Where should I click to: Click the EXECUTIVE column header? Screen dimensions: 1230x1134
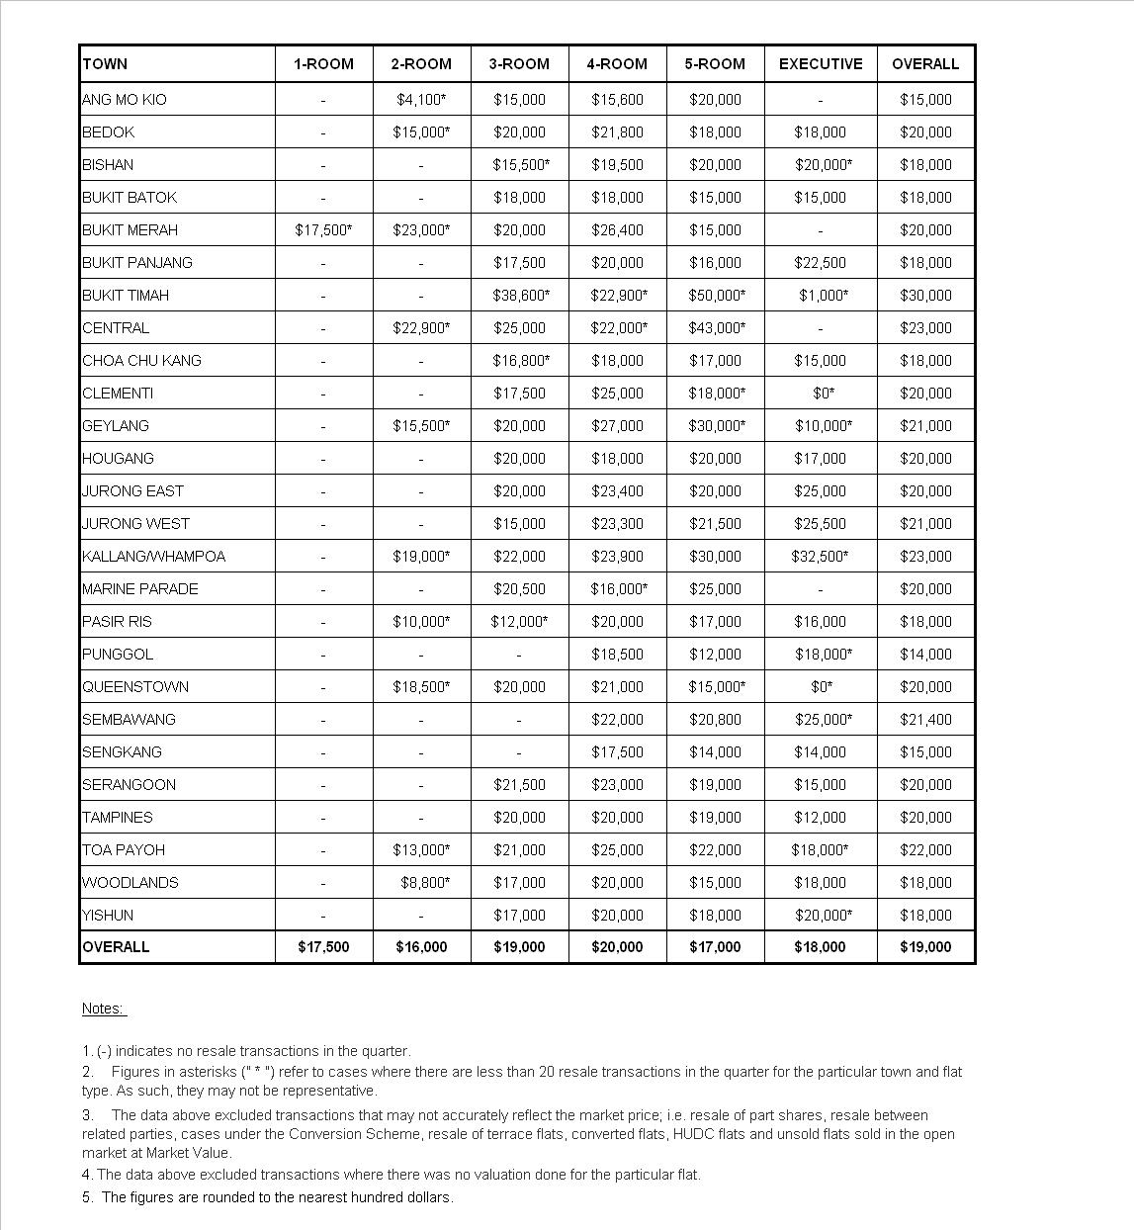pos(821,64)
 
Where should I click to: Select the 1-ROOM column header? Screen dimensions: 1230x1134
pos(323,64)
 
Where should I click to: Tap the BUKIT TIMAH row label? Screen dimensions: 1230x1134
pos(126,296)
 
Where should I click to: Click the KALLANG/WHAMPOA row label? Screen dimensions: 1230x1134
pos(153,557)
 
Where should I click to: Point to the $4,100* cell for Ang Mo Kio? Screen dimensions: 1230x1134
pos(421,100)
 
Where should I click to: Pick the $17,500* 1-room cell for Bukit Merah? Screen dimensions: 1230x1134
pos(323,230)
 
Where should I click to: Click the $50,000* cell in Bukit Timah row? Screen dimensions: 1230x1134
pos(717,296)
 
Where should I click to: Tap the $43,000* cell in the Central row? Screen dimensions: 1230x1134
pos(717,328)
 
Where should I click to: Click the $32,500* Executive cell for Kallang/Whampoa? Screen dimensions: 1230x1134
pos(820,557)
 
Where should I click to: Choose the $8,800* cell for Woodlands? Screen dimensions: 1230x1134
pos(423,883)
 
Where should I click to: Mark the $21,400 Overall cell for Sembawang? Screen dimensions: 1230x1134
pos(925,720)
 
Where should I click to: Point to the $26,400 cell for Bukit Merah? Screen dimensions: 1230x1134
pos(617,230)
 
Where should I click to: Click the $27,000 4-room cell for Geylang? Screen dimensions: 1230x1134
pos(617,426)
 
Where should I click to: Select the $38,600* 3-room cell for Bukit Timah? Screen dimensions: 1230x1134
pos(521,296)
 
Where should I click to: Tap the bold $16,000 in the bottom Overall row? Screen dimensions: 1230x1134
pos(421,947)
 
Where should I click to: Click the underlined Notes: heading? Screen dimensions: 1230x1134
pos(103,1009)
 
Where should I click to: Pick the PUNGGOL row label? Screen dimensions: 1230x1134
pos(118,655)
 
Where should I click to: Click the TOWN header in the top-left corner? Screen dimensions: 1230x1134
pos(105,64)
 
